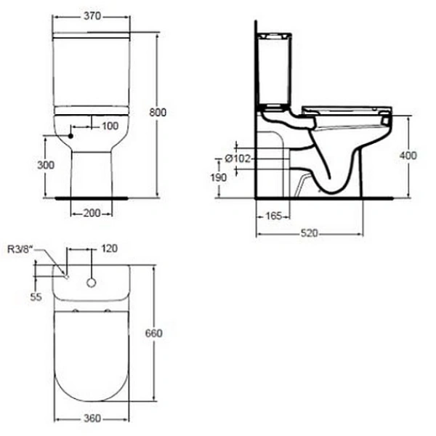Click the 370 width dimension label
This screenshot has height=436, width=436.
(x=91, y=15)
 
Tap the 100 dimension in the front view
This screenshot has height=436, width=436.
(x=109, y=126)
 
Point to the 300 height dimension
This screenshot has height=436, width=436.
(x=45, y=165)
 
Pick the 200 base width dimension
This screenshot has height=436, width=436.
(x=92, y=213)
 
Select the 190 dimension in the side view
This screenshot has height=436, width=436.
(x=218, y=178)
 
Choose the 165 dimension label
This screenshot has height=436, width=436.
(x=273, y=217)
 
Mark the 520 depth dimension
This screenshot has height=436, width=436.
(x=309, y=234)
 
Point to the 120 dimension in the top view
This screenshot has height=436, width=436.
(x=109, y=249)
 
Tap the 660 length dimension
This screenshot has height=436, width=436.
(x=154, y=333)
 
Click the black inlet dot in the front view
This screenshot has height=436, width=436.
(x=70, y=135)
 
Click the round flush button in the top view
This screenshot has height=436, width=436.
(x=92, y=282)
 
